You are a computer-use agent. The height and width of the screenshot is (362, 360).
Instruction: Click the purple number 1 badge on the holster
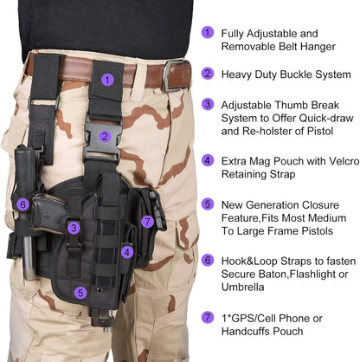click(106, 79)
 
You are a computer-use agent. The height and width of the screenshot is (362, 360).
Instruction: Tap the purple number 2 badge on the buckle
click(104, 136)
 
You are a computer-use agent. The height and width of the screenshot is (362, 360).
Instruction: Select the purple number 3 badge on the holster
click(75, 228)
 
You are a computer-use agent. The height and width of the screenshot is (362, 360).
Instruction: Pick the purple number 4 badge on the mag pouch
click(127, 253)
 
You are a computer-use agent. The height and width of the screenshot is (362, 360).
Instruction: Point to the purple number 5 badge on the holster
click(80, 293)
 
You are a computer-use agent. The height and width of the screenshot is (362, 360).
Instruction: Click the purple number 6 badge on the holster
click(22, 204)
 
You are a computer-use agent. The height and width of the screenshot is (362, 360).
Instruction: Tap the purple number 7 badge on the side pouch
click(148, 223)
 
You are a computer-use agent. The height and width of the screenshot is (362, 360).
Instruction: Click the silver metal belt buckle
click(177, 74)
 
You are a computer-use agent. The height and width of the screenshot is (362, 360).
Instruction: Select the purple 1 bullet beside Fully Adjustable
click(208, 33)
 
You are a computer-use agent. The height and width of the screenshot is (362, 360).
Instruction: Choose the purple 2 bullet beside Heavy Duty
click(208, 74)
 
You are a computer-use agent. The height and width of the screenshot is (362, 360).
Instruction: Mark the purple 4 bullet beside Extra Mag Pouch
click(208, 160)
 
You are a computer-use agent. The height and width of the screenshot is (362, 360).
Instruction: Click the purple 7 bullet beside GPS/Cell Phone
click(208, 317)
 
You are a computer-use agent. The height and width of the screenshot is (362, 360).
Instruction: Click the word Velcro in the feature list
click(333, 160)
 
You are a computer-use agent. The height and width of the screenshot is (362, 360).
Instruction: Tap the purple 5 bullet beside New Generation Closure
click(208, 204)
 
